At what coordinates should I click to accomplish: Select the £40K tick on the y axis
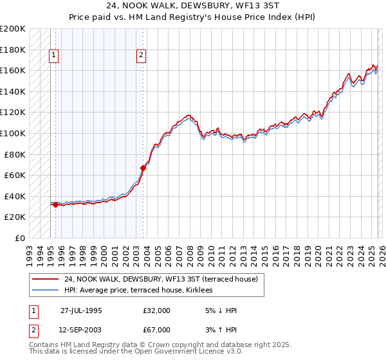click(15, 196)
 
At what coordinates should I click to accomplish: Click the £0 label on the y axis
click(21, 238)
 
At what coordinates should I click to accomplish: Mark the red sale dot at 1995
click(56, 205)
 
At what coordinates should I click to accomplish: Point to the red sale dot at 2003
click(143, 168)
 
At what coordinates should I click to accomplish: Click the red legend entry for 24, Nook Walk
click(161, 279)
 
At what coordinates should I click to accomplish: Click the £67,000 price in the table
click(156, 329)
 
